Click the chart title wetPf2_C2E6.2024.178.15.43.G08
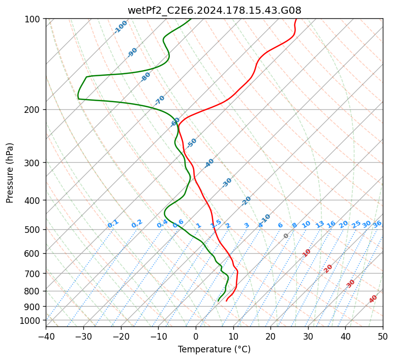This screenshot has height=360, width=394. coord(214,10)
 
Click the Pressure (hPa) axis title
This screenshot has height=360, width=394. coord(10,173)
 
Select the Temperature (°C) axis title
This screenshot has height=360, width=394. coord(214,349)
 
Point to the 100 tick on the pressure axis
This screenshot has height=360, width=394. coord(34,19)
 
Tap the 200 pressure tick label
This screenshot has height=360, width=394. coord(34,110)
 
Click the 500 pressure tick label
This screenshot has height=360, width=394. coord(34,230)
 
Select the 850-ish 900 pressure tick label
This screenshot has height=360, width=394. coord(34,306)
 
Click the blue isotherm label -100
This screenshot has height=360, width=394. coord(120,27)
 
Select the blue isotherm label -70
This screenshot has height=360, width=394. coord(160,100)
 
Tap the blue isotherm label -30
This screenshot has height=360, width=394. coord(227,183)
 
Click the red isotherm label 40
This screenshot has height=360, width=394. coord(373,299)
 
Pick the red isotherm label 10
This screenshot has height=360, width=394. coord(307,253)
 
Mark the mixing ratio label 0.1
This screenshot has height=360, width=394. coord(113,224)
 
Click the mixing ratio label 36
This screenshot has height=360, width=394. coord(377,224)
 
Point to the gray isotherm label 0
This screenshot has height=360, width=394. coord(286,236)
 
